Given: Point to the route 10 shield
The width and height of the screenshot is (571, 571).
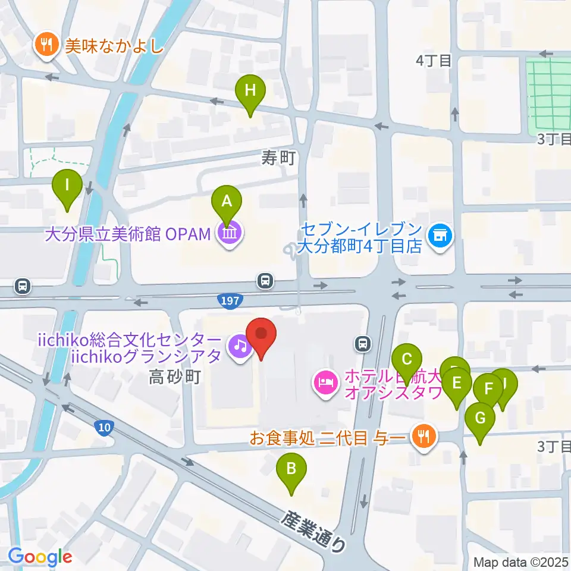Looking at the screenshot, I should click(103, 427).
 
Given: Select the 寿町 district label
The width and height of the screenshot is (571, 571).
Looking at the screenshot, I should click(278, 157).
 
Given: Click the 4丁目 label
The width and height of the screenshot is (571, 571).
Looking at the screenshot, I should click(434, 60).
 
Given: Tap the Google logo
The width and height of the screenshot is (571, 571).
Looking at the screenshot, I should click(40, 557).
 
